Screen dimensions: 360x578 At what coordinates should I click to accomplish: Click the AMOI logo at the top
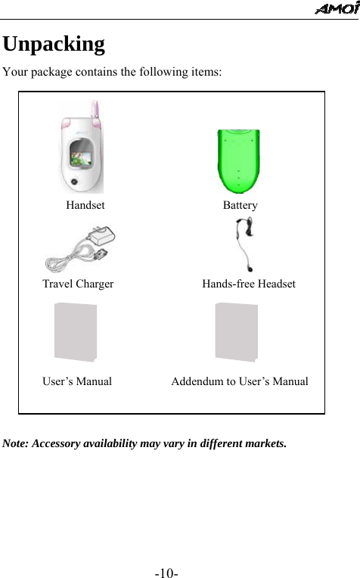[337, 8]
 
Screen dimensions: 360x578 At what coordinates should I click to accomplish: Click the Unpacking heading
[54, 44]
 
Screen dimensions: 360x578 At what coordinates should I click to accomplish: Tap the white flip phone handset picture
[82, 148]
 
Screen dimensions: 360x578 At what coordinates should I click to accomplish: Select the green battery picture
[239, 160]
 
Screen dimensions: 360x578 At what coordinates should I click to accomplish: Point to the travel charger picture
[81, 249]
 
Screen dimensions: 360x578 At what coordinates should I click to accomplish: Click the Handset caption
[85, 205]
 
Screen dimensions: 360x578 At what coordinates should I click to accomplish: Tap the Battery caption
[240, 205]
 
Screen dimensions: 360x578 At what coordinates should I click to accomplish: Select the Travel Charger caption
[78, 284]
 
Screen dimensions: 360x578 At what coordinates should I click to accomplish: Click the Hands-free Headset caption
[248, 284]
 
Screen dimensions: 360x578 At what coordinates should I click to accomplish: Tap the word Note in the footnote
[16, 443]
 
